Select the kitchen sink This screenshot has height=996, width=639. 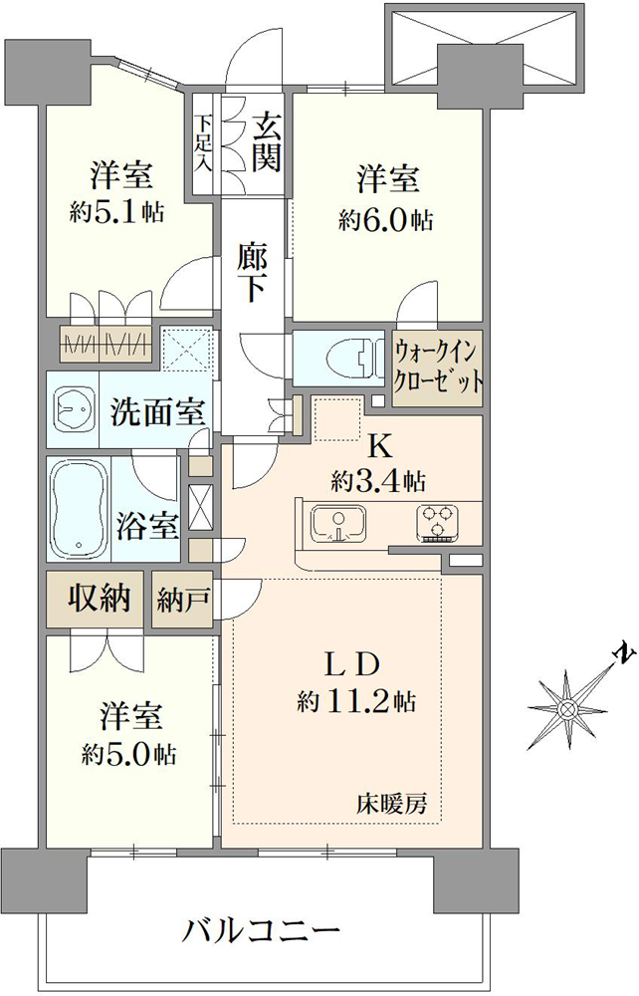[x=337, y=524]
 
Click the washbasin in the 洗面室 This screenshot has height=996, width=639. [x=73, y=409]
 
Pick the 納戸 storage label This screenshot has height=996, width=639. [x=183, y=600]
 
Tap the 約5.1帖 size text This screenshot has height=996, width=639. [x=117, y=212]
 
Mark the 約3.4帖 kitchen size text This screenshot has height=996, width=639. [x=378, y=482]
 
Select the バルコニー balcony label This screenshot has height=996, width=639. [x=262, y=933]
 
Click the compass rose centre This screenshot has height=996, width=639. [x=566, y=709]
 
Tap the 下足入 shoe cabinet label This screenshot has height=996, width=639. [x=203, y=141]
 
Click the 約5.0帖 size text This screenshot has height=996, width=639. [x=129, y=755]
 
